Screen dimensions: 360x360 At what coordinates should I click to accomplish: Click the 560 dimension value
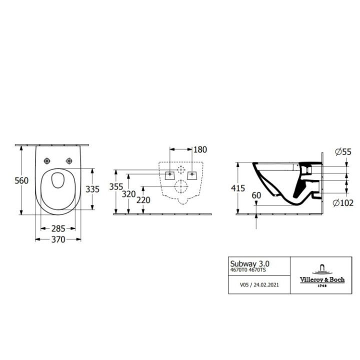[x=21, y=180]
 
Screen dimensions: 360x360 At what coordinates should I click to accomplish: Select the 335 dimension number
[x=92, y=189]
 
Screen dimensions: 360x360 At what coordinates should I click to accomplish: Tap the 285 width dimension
[x=58, y=228]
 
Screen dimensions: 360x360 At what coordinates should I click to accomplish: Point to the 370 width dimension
[x=58, y=239]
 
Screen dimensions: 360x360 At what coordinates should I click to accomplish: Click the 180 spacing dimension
[x=200, y=149]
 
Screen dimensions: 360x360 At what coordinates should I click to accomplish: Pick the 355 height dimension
[x=116, y=186]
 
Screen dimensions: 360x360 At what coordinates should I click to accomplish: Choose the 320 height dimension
[x=129, y=194]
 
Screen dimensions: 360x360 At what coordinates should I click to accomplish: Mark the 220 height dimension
[x=143, y=200]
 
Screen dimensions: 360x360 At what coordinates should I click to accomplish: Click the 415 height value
[x=238, y=188]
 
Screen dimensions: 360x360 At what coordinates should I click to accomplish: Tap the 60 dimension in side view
[x=256, y=195]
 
